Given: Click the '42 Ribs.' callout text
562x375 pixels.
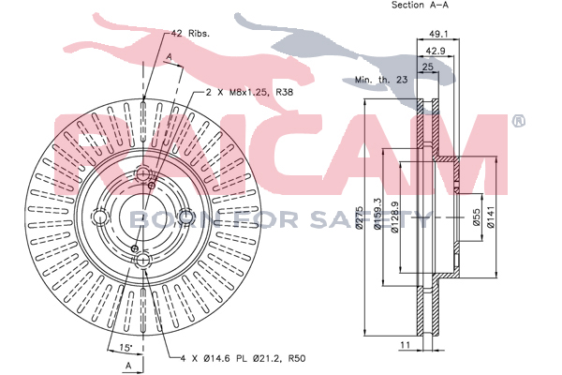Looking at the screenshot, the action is pyautogui.click(x=190, y=34).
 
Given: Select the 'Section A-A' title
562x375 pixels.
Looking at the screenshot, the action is pyautogui.click(x=420, y=5).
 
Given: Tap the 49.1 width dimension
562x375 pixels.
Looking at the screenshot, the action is pyautogui.click(x=438, y=34).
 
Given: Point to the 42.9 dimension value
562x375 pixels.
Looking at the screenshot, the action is pyautogui.click(x=436, y=51).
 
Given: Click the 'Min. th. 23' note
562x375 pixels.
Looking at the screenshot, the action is pyautogui.click(x=381, y=80).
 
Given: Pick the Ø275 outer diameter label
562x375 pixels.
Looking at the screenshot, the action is pyautogui.click(x=360, y=217).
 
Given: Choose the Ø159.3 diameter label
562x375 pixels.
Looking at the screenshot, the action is pyautogui.click(x=377, y=213).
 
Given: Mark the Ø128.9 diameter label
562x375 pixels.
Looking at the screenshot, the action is pyautogui.click(x=395, y=217).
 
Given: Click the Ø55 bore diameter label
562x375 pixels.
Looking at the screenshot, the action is pyautogui.click(x=476, y=217).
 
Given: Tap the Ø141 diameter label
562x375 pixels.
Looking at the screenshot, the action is pyautogui.click(x=491, y=217).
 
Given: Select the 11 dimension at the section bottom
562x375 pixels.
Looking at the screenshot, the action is pyautogui.click(x=405, y=345).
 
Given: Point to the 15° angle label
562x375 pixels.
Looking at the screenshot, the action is pyautogui.click(x=126, y=347).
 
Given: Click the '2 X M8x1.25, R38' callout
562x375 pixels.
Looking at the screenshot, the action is pyautogui.click(x=249, y=92).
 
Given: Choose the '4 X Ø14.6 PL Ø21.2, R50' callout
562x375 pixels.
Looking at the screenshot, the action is pyautogui.click(x=243, y=358).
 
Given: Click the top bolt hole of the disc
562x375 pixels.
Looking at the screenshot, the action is pyautogui.click(x=143, y=173).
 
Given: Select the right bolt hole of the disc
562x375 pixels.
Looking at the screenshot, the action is pyautogui.click(x=186, y=217).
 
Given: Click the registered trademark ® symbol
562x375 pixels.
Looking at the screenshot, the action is pyautogui.click(x=518, y=121).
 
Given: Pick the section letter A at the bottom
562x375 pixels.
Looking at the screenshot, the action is pyautogui.click(x=128, y=366).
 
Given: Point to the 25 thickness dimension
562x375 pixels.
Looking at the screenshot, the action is pyautogui.click(x=428, y=67).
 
